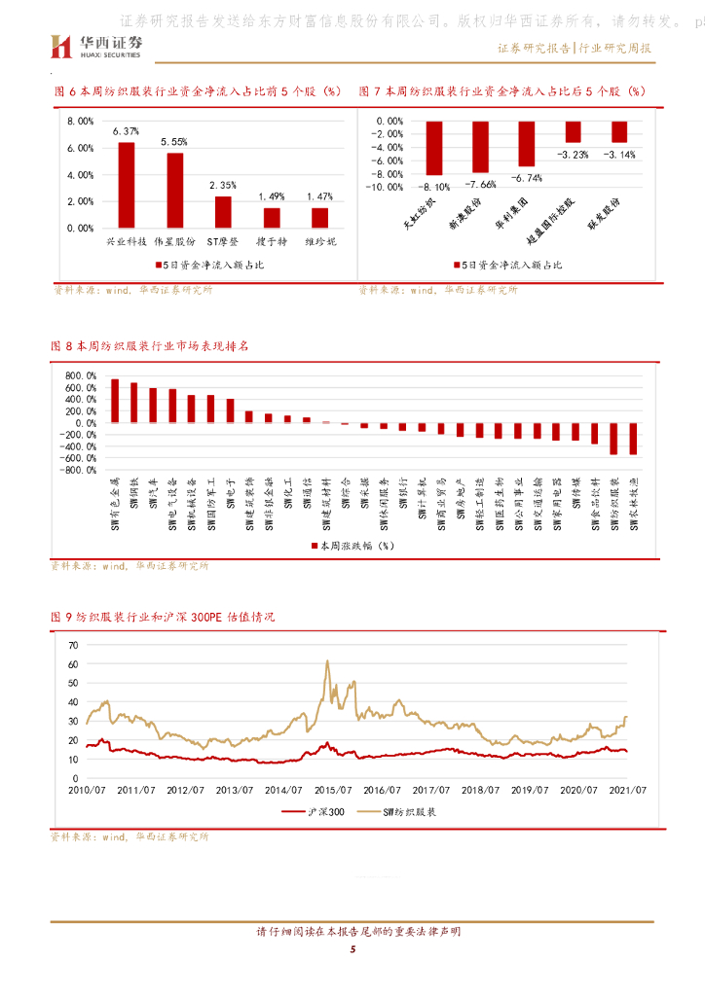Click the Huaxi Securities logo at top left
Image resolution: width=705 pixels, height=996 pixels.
click(96, 45)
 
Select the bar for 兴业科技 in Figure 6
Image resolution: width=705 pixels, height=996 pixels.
click(127, 185)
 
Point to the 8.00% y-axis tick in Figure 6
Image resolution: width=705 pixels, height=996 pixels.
click(80, 121)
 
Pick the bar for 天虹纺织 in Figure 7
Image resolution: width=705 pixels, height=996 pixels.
click(434, 148)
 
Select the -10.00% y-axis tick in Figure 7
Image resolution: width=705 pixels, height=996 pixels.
click(383, 187)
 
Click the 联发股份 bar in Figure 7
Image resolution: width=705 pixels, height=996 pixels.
click(619, 132)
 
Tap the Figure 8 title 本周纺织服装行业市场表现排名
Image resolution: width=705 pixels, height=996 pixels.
click(149, 345)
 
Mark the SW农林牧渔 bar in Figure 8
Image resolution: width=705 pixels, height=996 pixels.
click(634, 439)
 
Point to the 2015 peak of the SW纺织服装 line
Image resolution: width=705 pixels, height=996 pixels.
click(327, 662)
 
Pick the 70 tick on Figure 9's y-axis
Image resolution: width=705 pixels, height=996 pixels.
click(73, 646)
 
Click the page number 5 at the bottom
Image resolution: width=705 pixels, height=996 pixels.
click(352, 949)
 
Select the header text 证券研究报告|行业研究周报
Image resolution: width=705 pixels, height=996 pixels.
click(575, 48)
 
